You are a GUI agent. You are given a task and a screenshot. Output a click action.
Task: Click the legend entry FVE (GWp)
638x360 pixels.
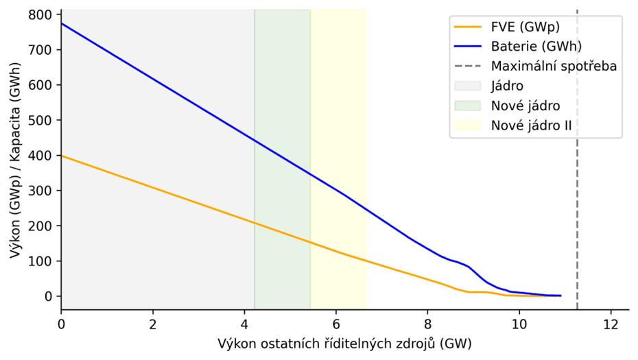click(525, 27)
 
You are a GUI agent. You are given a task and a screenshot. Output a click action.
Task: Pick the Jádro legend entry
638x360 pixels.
click(508, 86)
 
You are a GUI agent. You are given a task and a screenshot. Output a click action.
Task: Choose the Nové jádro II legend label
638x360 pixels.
click(532, 125)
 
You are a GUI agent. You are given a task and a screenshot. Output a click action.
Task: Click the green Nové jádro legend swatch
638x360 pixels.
click(469, 106)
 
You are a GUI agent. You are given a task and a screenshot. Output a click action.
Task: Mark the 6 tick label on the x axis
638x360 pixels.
click(335, 324)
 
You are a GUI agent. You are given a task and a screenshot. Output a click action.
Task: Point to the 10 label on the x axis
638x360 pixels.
click(519, 324)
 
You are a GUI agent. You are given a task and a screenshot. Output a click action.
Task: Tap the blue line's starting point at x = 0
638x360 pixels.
click(62, 24)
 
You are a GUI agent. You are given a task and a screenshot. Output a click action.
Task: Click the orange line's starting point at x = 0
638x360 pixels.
click(62, 156)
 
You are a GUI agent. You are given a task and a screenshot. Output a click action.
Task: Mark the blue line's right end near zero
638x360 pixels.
click(560, 296)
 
